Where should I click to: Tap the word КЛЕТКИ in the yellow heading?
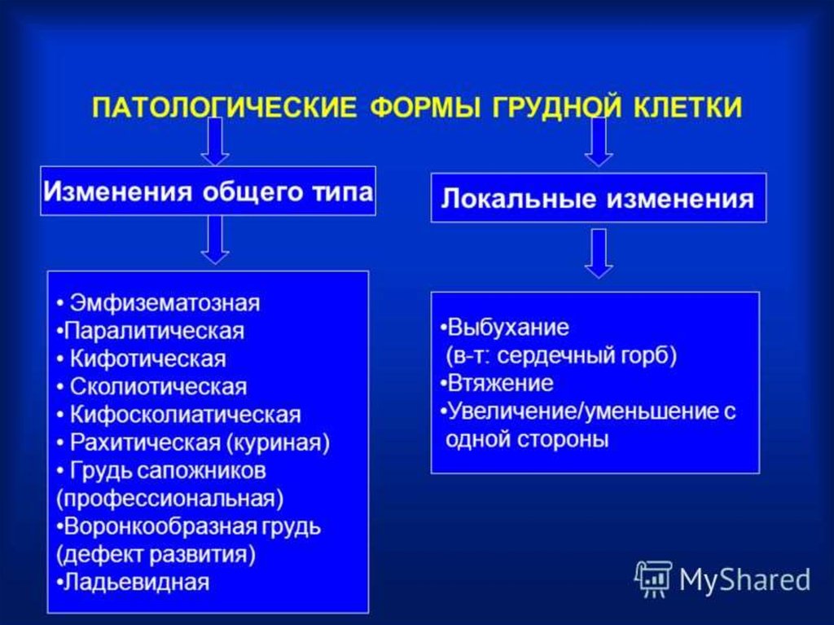pyautogui.click(x=687, y=107)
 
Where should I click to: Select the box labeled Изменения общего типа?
pyautogui.click(x=208, y=191)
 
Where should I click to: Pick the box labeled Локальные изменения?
pyautogui.click(x=599, y=198)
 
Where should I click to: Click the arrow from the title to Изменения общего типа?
pyautogui.click(x=215, y=141)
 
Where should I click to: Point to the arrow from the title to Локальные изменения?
pyautogui.click(x=599, y=142)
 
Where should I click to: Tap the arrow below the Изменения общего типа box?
pyautogui.click(x=215, y=240)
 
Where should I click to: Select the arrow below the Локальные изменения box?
pyautogui.click(x=599, y=253)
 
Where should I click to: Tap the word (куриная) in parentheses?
pyautogui.click(x=279, y=443)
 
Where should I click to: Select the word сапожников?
pyautogui.click(x=211, y=471)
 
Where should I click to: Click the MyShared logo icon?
pyautogui.click(x=653, y=579)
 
